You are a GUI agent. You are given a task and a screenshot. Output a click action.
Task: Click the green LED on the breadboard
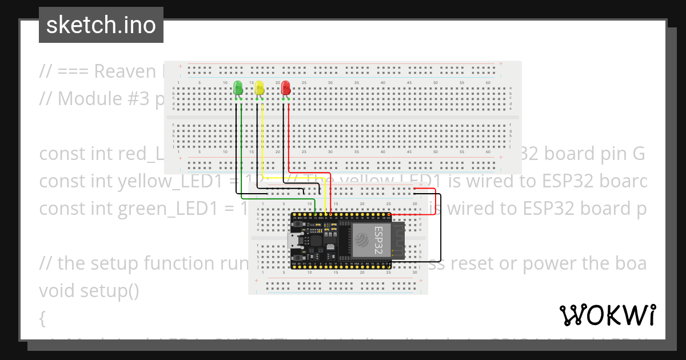(238, 89)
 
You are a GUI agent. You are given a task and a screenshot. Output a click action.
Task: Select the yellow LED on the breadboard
(259, 89)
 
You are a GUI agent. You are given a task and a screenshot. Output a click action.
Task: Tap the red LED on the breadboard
(285, 89)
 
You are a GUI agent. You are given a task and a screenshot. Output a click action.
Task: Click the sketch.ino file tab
(101, 25)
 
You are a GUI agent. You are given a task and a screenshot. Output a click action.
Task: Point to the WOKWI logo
(607, 315)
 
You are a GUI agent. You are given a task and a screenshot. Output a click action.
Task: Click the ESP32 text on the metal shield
(378, 240)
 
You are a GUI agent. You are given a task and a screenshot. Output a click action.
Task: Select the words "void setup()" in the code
(89, 291)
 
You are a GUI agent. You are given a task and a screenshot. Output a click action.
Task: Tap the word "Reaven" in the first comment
(125, 71)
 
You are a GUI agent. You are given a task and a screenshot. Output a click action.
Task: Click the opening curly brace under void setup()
(43, 318)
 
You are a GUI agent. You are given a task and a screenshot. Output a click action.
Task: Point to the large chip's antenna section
(397, 240)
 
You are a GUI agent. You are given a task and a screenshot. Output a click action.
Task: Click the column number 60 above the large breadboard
(488, 83)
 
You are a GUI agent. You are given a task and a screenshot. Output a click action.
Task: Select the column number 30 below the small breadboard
(414, 273)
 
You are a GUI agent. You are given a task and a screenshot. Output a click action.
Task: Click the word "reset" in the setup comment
(545, 263)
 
